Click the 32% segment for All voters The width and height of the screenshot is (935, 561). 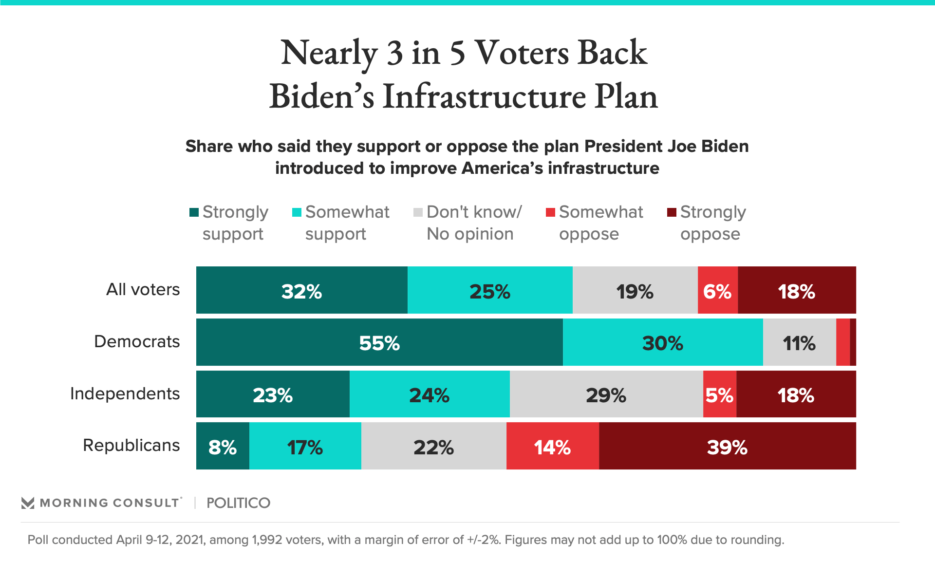tap(301, 290)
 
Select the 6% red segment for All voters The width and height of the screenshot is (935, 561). tap(717, 290)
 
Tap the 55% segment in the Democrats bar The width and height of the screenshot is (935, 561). tap(379, 342)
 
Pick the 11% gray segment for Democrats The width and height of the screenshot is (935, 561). tap(799, 342)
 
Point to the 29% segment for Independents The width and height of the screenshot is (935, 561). tap(606, 394)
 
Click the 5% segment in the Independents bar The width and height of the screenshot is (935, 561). tap(719, 394)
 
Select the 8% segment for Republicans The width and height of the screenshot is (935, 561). tap(223, 446)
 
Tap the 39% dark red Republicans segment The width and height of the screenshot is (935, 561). tap(727, 446)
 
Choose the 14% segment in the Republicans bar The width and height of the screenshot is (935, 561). tap(552, 446)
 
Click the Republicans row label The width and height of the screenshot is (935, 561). tap(131, 445)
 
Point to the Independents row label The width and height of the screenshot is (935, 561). tap(125, 393)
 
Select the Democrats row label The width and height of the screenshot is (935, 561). tap(137, 341)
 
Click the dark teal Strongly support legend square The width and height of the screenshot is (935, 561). tap(194, 212)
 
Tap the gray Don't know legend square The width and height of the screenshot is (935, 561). tap(418, 212)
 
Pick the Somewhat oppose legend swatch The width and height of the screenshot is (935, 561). tap(550, 212)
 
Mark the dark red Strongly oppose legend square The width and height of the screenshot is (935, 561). tap(672, 212)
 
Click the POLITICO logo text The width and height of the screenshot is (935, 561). tap(238, 503)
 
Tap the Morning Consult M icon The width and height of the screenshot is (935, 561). tap(28, 503)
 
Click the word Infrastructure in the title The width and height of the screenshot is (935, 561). tap(484, 96)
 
